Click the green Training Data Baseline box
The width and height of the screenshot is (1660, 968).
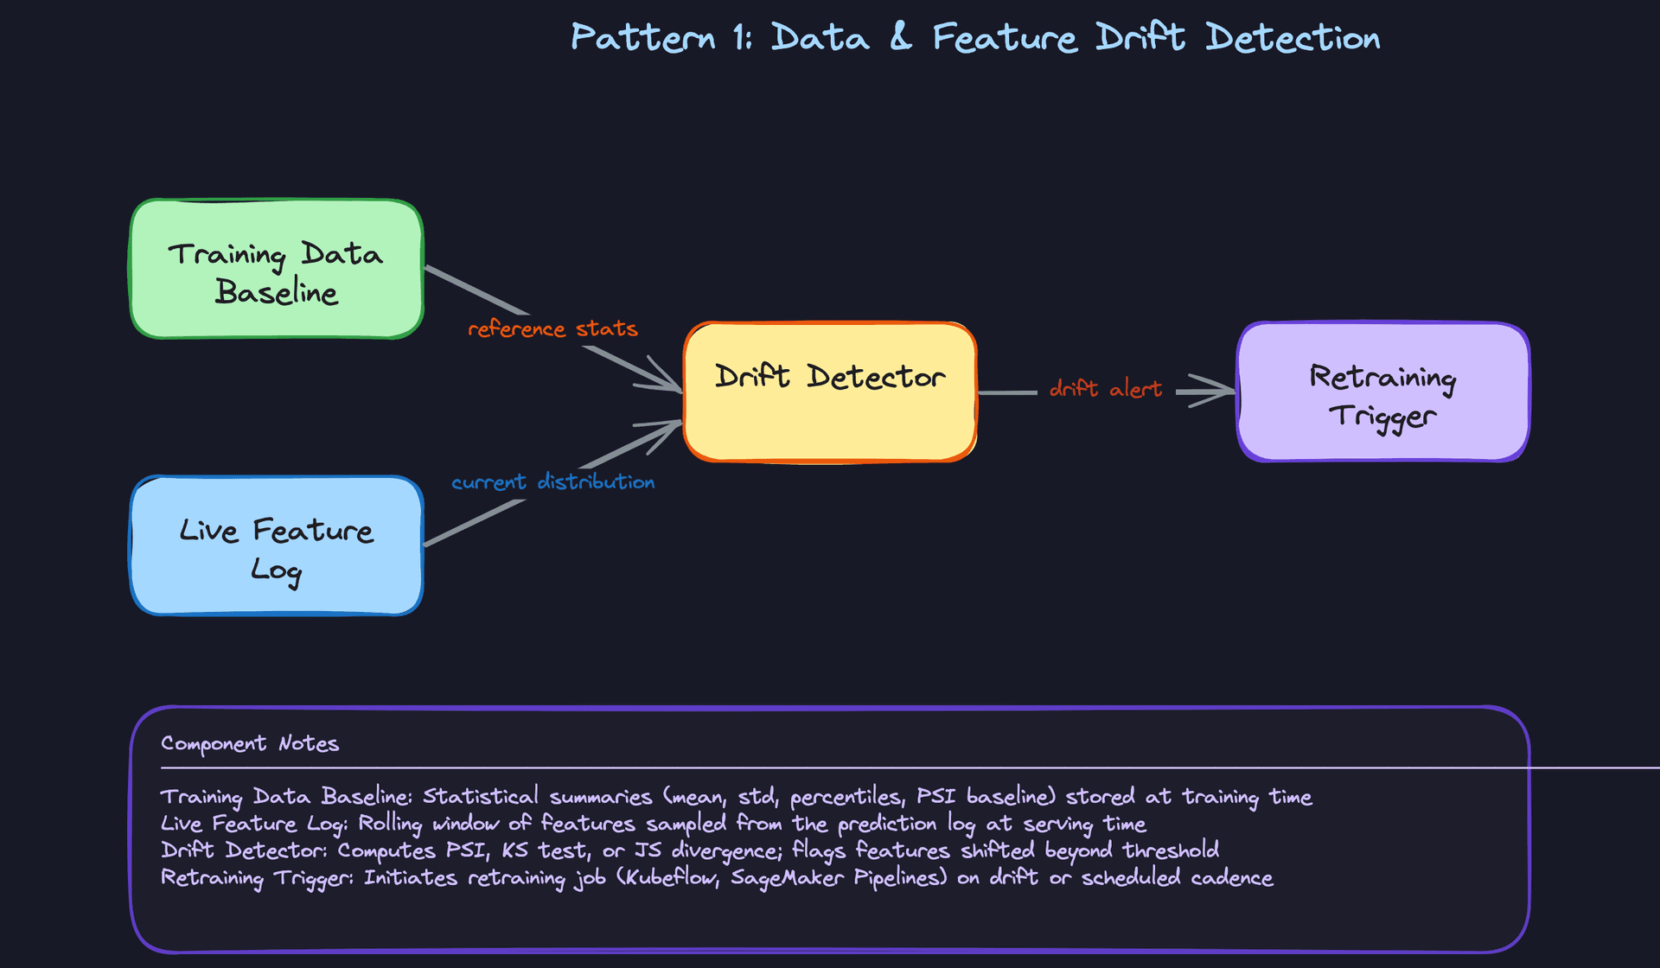tap(277, 270)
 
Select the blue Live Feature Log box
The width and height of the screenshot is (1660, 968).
tap(277, 546)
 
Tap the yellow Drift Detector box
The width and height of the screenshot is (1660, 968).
tap(830, 392)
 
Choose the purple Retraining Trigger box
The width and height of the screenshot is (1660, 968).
tap(1383, 392)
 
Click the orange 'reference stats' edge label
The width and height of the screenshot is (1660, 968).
tap(552, 329)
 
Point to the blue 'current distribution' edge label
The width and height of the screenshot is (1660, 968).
tap(552, 481)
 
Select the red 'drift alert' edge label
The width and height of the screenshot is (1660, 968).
tap(1105, 389)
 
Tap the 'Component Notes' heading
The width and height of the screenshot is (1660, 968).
tap(250, 744)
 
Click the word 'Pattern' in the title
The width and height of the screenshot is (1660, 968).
tap(642, 38)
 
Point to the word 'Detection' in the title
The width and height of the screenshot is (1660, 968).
tap(1293, 38)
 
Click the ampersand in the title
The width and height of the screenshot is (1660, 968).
tap(901, 38)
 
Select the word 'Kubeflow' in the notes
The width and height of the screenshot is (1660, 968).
tap(669, 878)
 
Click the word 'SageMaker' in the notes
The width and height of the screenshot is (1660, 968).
tap(787, 878)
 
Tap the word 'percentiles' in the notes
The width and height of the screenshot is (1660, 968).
tap(846, 797)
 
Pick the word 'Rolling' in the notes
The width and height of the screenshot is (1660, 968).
tap(390, 824)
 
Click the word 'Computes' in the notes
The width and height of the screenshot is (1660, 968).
tap(386, 850)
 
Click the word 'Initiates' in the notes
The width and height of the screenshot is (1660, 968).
tap(410, 878)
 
